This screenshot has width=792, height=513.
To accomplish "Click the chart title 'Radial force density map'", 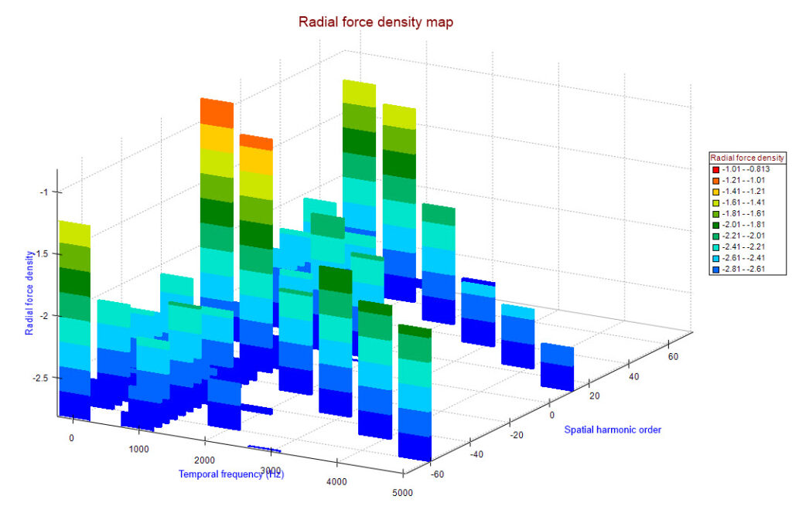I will tap(376, 22).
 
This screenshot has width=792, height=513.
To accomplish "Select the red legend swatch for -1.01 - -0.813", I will tap(716, 169).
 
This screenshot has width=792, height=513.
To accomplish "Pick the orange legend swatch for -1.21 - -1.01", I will tap(716, 181).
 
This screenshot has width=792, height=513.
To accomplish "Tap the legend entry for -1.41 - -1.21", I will tap(743, 192).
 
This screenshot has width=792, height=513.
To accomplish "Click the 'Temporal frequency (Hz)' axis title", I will tap(231, 474).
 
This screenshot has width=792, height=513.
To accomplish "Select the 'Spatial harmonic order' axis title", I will tap(613, 429).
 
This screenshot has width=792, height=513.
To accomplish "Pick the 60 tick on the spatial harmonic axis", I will tap(674, 357).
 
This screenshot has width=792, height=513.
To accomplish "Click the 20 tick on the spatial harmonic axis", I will tap(593, 396).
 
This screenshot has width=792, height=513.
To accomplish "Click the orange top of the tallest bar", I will tap(217, 111).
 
